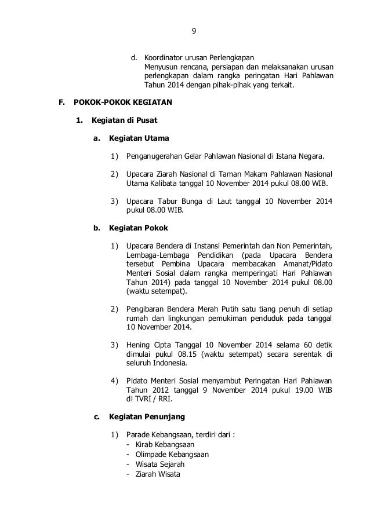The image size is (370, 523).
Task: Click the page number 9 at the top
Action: click(194, 31)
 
